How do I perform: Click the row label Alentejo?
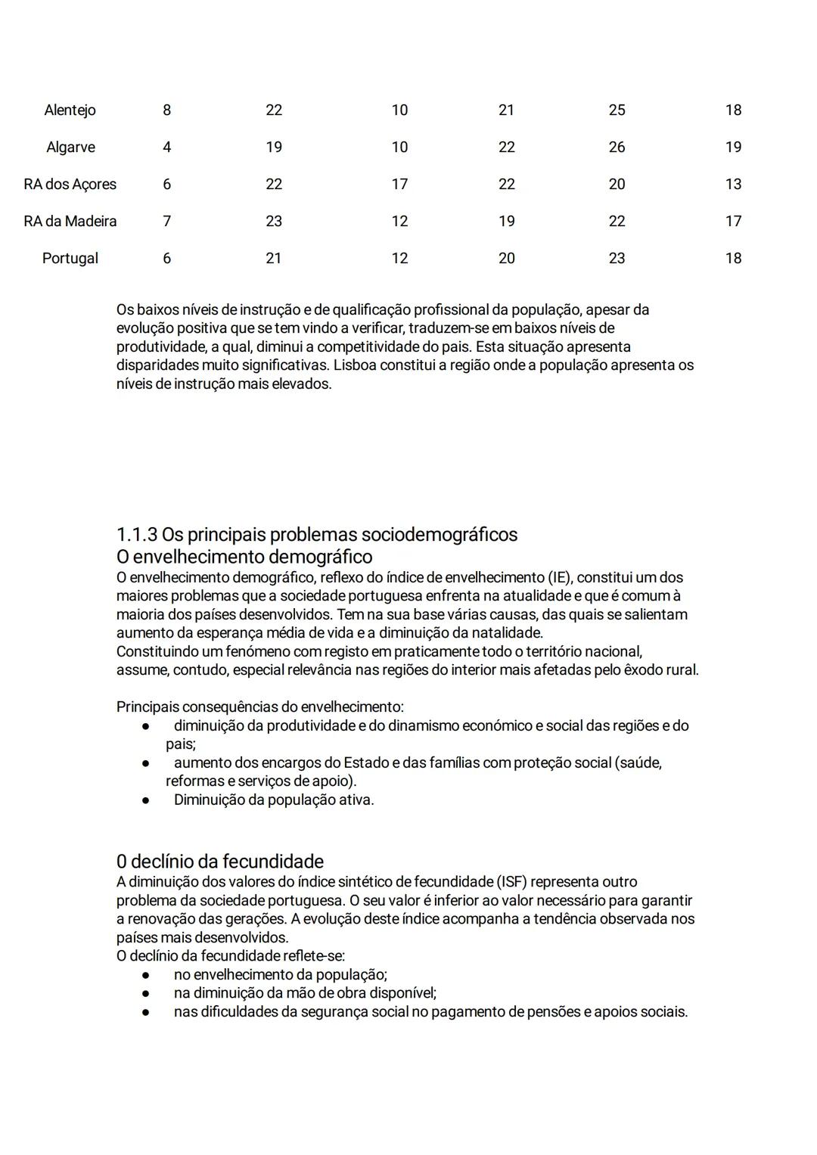coord(70,110)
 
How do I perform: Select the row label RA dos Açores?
coord(70,185)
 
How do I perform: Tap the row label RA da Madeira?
coord(70,222)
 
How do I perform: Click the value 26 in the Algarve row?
coord(617,147)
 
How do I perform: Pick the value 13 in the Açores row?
coord(732,185)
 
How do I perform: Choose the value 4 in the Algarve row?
coord(166,147)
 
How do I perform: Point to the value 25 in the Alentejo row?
coord(617,110)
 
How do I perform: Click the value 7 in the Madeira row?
coord(166,222)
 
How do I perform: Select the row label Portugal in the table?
coord(70,259)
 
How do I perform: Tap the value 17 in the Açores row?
coord(399,185)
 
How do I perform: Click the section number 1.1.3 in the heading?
coord(137,535)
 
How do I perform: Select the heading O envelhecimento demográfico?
coord(244,557)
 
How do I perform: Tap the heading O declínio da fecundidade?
coord(219,862)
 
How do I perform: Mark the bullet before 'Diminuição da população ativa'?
coord(144,800)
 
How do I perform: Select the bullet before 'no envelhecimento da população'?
coord(144,975)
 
